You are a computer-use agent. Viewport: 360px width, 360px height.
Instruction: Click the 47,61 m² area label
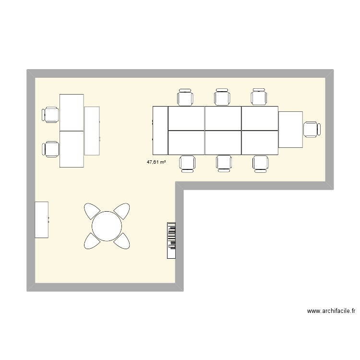click(156, 162)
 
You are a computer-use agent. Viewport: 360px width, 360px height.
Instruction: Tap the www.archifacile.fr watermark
click(331, 311)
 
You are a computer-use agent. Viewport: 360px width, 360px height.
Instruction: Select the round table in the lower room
click(107, 226)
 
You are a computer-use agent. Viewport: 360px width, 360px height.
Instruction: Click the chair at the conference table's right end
click(312, 129)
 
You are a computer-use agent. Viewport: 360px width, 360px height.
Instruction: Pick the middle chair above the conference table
click(222, 97)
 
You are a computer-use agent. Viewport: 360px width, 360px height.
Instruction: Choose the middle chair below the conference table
click(223, 163)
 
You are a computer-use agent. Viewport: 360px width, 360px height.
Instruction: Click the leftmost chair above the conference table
click(186, 97)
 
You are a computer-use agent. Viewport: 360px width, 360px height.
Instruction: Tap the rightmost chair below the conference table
click(261, 163)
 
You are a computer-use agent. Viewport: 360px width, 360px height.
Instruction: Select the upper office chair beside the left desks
click(51, 115)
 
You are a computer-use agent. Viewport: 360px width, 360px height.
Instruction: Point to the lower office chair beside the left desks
click(50, 149)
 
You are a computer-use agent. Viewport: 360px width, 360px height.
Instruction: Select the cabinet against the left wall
click(42, 220)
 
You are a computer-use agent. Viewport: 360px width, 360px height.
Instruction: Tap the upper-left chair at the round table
click(92, 211)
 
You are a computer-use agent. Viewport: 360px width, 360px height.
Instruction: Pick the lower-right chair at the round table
click(123, 241)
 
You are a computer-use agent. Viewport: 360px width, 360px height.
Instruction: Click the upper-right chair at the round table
click(122, 211)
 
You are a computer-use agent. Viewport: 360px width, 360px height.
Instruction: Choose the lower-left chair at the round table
click(92, 241)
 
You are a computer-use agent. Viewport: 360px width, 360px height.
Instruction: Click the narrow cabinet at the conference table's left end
click(160, 130)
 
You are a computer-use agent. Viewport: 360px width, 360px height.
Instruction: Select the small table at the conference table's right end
click(290, 130)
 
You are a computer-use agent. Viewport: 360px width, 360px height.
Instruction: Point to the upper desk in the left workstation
click(72, 112)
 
